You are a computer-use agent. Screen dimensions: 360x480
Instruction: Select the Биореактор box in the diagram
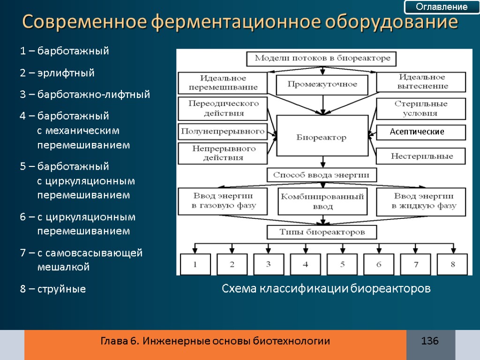coord(322,137)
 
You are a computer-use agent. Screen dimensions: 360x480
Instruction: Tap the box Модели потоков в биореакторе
coord(322,59)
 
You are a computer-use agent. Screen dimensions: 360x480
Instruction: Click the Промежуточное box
coord(322,85)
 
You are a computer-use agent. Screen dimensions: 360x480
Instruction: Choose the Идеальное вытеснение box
coord(422,82)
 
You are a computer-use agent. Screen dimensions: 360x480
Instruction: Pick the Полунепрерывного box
coord(222,132)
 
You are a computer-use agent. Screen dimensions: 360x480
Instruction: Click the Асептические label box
coord(421,132)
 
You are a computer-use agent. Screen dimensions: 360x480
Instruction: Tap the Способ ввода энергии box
coord(322,175)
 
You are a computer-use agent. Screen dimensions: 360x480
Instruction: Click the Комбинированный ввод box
coord(322,201)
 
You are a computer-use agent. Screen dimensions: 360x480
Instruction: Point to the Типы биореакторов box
coord(322,232)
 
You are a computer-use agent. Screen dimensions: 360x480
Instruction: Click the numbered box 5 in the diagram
coord(342,264)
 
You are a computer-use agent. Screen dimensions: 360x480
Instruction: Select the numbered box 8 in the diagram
coord(452,264)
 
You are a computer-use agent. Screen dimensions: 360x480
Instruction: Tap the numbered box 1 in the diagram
coord(195,264)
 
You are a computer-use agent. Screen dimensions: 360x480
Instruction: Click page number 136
coord(430,341)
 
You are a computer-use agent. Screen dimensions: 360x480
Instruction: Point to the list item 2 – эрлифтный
coord(57,73)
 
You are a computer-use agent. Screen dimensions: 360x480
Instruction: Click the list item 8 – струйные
coord(53,289)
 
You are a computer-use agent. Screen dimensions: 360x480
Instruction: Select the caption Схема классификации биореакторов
coord(326,289)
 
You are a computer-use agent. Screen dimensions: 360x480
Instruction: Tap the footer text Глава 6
coord(119,341)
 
